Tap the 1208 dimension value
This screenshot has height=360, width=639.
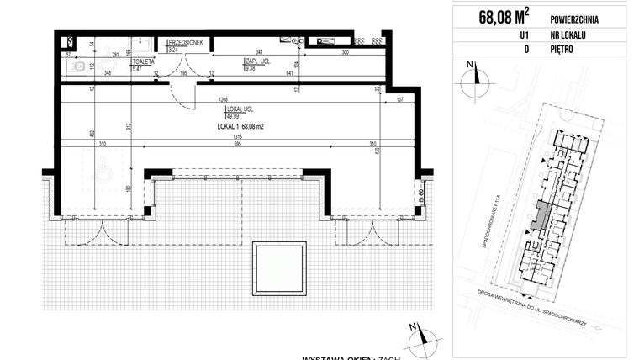click(x=224, y=99)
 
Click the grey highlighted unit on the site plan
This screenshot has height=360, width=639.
click(x=543, y=216)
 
